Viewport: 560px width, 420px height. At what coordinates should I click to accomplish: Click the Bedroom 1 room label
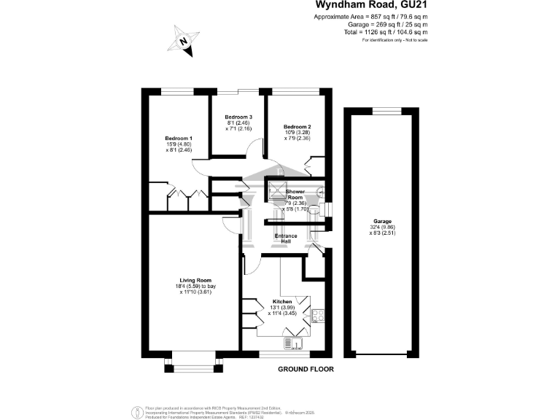click(x=179, y=139)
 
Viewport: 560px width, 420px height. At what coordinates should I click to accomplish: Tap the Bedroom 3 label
click(x=238, y=117)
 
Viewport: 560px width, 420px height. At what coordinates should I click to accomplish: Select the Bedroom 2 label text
click(x=297, y=126)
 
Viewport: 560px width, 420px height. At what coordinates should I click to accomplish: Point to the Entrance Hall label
click(x=285, y=239)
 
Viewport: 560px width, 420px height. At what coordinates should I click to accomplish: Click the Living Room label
click(x=195, y=280)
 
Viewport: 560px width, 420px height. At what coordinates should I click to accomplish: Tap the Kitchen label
click(x=282, y=301)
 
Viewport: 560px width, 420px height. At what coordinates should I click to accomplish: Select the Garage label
click(x=383, y=222)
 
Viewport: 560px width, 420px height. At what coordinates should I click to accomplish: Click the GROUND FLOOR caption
click(x=306, y=369)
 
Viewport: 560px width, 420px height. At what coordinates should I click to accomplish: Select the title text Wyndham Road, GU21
click(x=376, y=6)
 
